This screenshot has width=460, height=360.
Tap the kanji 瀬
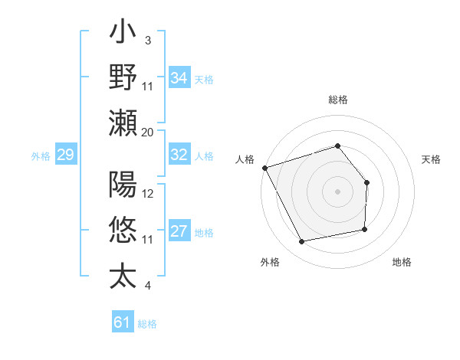coord(123,123)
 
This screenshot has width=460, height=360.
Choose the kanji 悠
coord(123,230)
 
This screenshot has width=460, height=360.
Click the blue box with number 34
coord(179,78)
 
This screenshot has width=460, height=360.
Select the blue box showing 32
coord(179,155)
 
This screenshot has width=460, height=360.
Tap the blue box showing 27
coord(179,232)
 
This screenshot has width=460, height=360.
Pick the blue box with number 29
coord(65,155)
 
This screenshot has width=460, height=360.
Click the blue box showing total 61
coord(123,322)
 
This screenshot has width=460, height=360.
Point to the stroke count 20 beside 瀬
coord(147,133)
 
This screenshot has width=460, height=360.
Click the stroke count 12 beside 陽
coord(148,194)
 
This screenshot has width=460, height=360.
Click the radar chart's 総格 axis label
coord(337,100)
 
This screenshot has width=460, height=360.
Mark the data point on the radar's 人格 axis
coord(264,167)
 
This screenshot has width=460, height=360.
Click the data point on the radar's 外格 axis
coord(302,242)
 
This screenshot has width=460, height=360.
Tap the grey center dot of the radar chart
coord(337,191)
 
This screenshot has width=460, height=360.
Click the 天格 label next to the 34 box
coord(204,79)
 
